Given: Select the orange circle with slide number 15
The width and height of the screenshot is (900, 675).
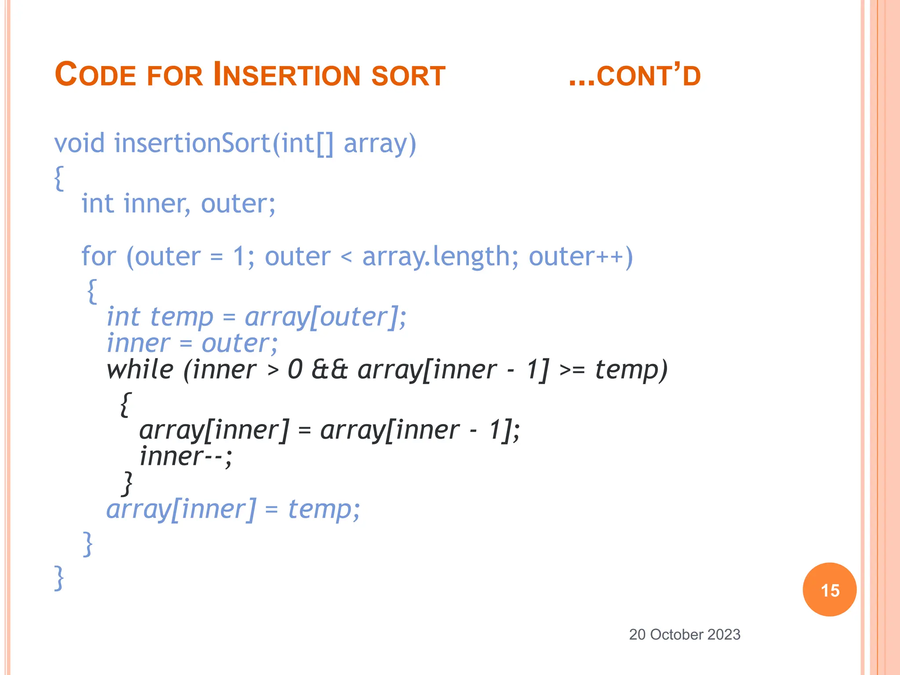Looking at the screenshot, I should click(x=829, y=590).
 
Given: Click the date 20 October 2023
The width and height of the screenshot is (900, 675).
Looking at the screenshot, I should click(x=684, y=635).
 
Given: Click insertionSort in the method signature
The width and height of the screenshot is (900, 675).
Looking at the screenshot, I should click(x=192, y=144).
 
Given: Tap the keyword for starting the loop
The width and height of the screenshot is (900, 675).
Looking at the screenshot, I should click(x=98, y=257).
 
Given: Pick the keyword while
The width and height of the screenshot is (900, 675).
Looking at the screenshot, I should click(x=140, y=370).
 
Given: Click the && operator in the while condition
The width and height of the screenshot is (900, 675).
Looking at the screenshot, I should click(x=330, y=370).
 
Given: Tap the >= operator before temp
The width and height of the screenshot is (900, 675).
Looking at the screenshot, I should click(x=572, y=370).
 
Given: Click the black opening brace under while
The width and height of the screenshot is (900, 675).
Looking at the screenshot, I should click(x=125, y=404).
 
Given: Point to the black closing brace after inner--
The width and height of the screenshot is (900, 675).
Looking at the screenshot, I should click(x=127, y=483).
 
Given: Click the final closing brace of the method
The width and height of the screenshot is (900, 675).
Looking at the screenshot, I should click(x=59, y=578).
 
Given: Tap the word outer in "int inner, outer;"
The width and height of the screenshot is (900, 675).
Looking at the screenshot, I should click(x=237, y=204).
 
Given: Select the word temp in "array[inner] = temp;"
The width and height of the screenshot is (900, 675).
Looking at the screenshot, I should click(x=319, y=510).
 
